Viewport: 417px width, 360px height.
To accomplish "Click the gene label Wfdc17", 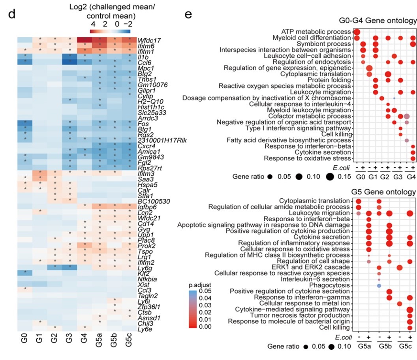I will point(147,40).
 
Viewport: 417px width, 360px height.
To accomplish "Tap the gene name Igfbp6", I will point(146,207).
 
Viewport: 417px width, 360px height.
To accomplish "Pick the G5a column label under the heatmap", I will point(99,343).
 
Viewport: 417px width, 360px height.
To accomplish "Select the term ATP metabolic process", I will point(316,32).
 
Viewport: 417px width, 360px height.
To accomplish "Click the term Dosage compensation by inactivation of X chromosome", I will point(267,98).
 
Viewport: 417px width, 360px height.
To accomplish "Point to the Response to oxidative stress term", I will point(308,158).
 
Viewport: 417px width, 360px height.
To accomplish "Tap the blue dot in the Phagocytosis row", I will point(379,285).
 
